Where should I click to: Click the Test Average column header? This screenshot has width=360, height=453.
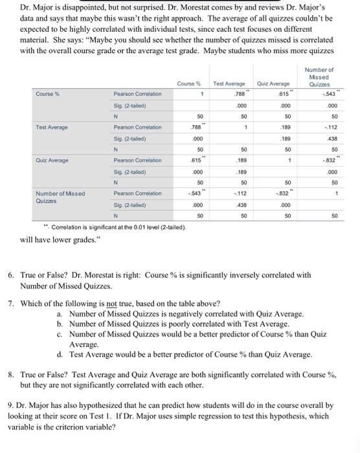click(x=228, y=83)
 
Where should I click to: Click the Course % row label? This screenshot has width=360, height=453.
click(x=47, y=94)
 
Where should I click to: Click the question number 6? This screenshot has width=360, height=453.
click(x=10, y=274)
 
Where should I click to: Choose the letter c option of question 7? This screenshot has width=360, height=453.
click(x=60, y=335)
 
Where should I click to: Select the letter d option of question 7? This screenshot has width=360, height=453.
click(x=60, y=355)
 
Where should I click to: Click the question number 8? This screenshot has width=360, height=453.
click(x=10, y=375)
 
